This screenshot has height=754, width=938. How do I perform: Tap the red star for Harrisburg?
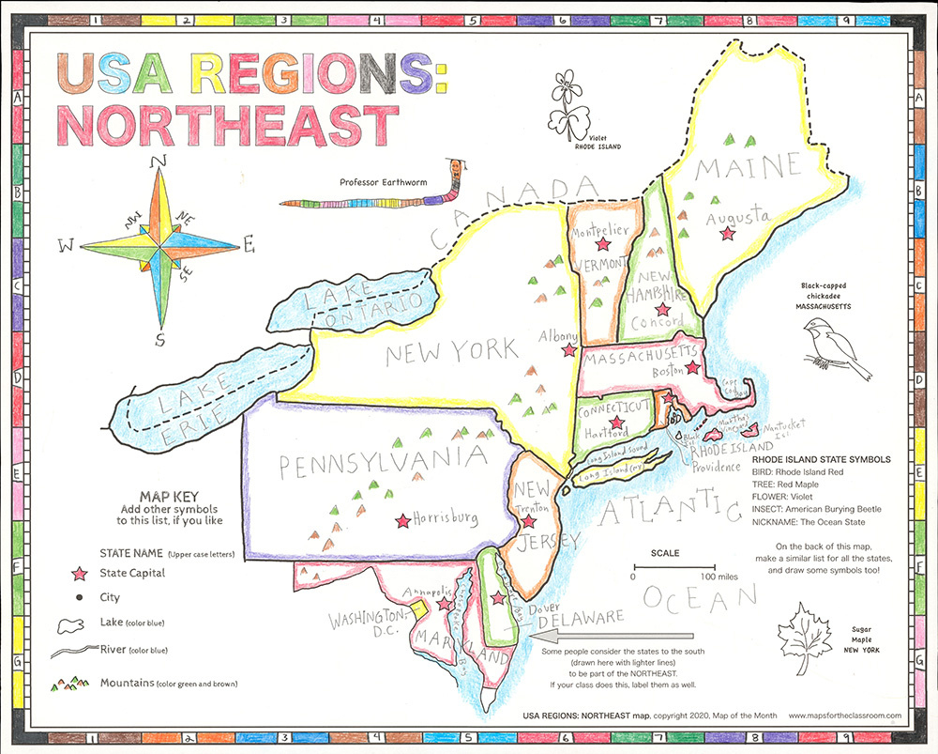tap(403, 519)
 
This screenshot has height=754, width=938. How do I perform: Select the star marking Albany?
tap(567, 349)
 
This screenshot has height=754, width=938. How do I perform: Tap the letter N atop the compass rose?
tap(160, 161)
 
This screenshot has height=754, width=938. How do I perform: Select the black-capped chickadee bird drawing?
tap(833, 346)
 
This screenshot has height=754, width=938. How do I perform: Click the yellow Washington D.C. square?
tap(419, 608)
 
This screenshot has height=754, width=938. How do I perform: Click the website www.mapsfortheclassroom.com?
tap(844, 716)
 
